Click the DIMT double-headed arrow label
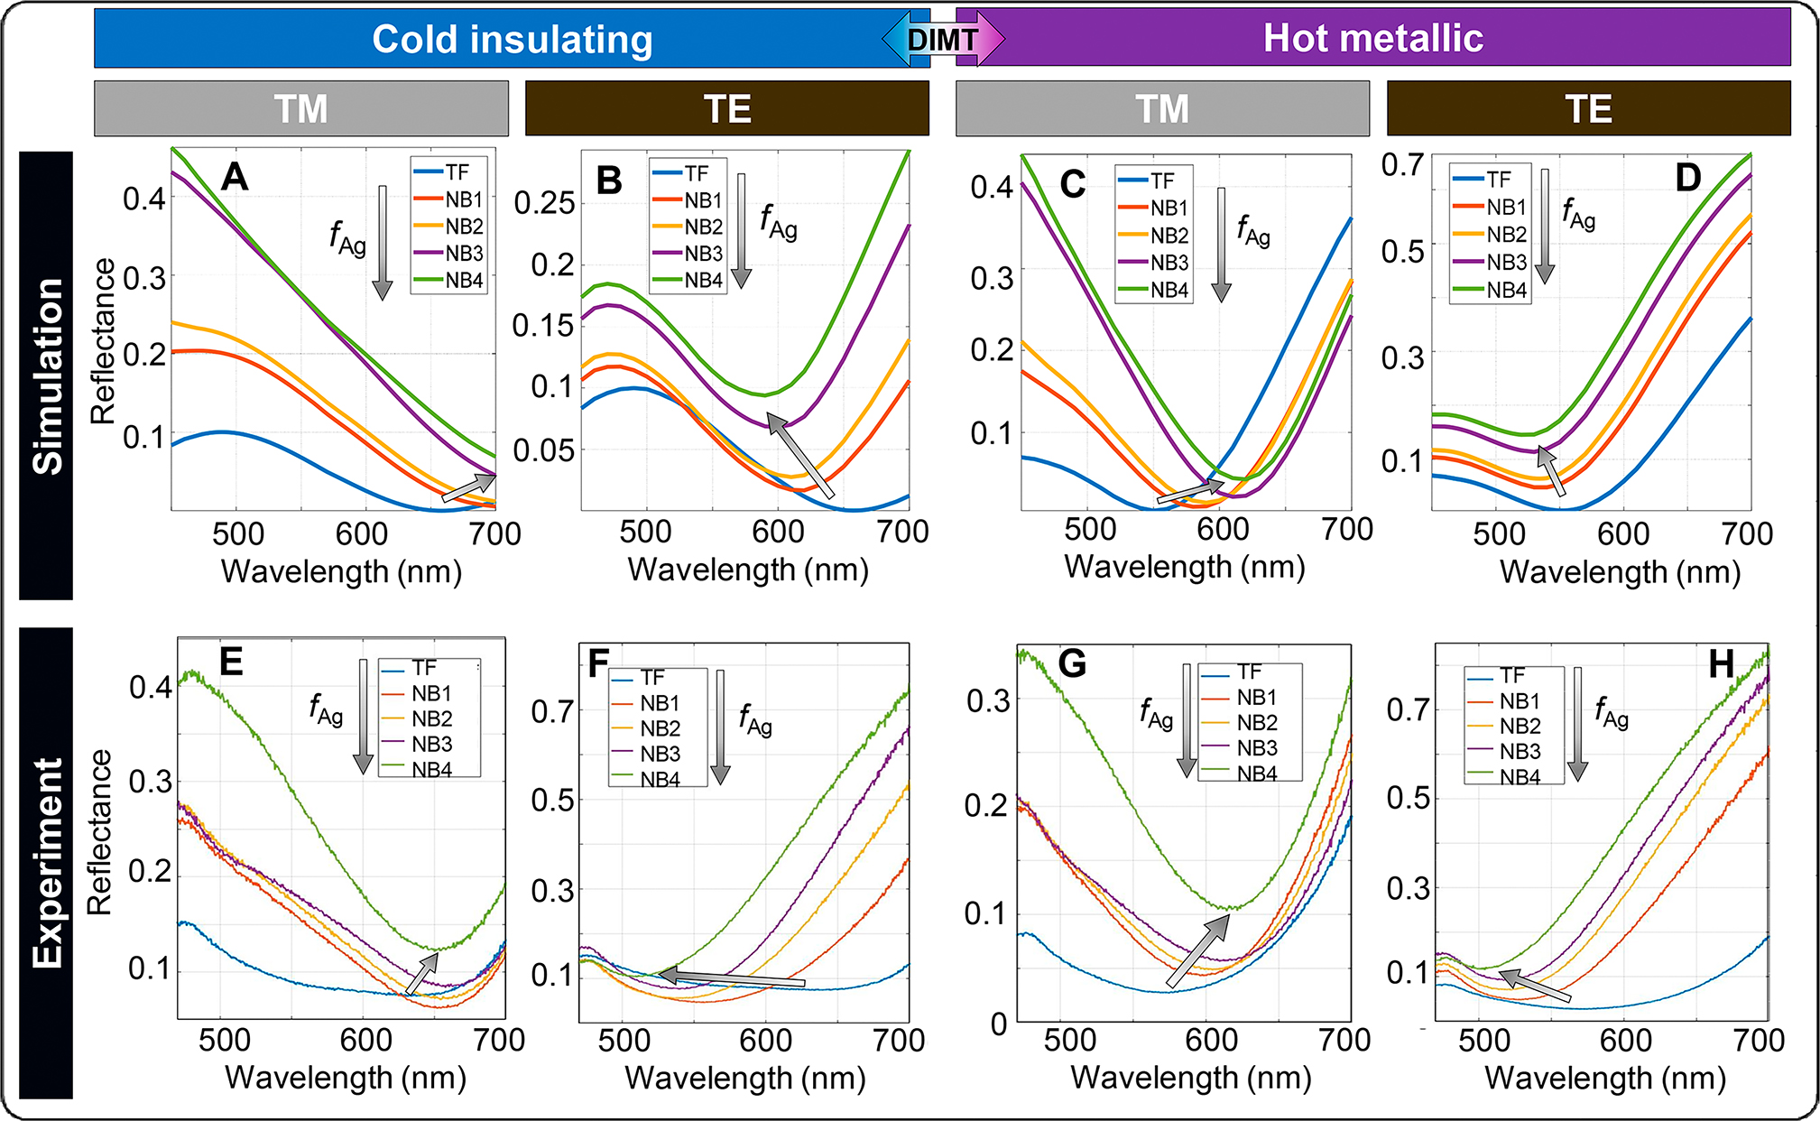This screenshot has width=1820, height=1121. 943,39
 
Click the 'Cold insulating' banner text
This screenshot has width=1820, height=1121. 512,40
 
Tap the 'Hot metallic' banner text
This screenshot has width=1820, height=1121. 1372,38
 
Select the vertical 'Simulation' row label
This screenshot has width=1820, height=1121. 47,375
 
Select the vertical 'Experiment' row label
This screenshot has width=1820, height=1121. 47,862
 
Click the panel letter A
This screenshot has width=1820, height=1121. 235,176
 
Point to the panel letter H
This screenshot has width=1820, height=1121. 1721,665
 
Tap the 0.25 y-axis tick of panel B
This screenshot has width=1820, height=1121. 544,203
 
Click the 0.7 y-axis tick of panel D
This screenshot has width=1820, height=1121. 1402,164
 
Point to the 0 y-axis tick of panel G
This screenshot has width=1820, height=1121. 999,1024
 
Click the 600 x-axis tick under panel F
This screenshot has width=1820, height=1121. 765,1041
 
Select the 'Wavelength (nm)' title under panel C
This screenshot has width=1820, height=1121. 1185,567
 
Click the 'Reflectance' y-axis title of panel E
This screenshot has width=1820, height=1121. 99,832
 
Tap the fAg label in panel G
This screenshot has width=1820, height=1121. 1156,714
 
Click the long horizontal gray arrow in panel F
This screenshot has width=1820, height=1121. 731,978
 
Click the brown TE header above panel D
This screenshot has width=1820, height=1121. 1588,108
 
